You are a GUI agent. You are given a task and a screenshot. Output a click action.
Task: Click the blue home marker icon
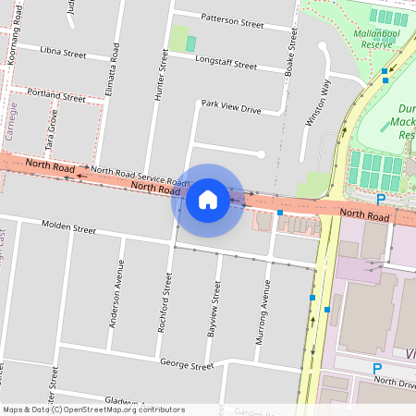click(208, 200)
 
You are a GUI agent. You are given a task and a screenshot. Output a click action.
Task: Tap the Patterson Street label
click(233, 21)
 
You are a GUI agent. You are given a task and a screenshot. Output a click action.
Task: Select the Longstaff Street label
click(226, 63)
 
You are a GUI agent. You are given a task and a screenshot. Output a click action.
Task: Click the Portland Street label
click(56, 95)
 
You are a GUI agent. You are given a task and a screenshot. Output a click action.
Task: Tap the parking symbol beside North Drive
click(377, 369)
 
